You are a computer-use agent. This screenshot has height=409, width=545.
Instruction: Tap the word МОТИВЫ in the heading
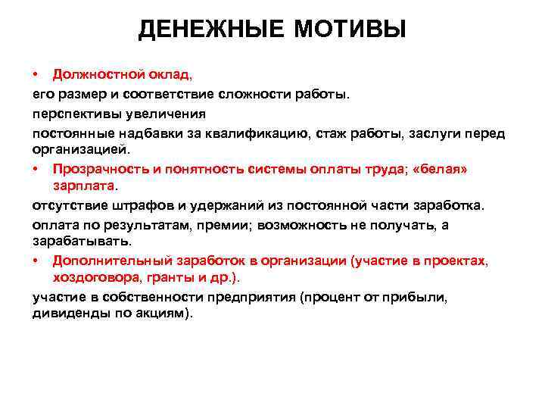pyautogui.click(x=355, y=30)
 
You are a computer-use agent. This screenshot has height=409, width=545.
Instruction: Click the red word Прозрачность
pyautogui.click(x=101, y=169)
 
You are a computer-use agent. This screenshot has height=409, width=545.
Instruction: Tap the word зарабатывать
pyautogui.click(x=82, y=242)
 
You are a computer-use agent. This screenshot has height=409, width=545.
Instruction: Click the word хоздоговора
pyautogui.click(x=98, y=279)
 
